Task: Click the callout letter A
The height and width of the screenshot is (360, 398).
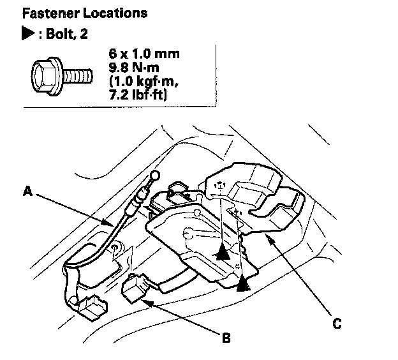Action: coord(27,190)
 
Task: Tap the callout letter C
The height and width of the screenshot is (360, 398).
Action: coord(336,323)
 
